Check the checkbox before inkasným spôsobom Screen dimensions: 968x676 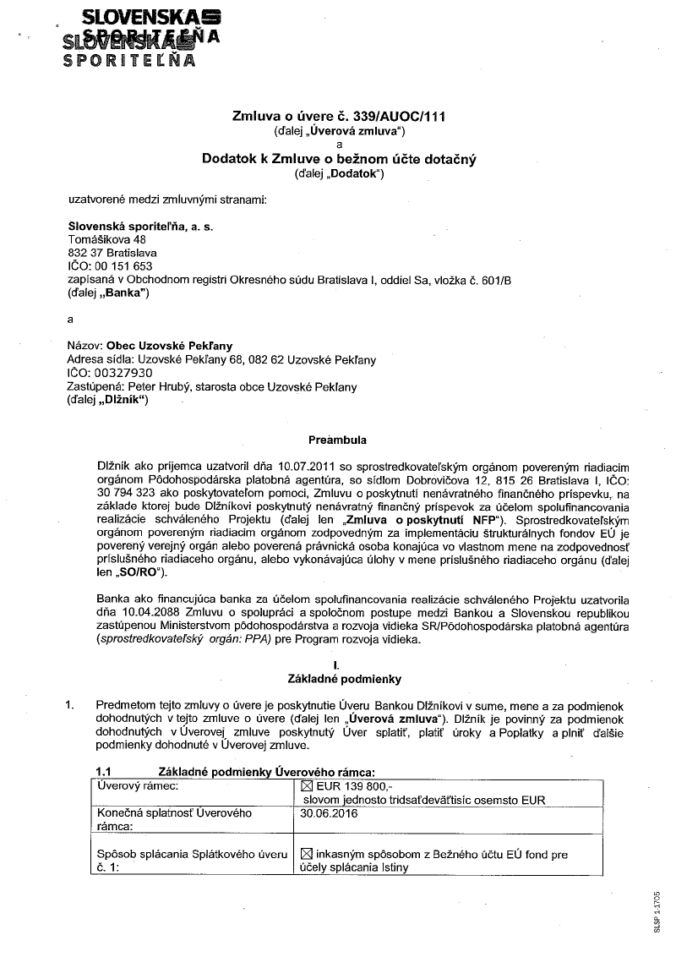(x=306, y=853)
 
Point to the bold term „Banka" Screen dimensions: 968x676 (x=124, y=293)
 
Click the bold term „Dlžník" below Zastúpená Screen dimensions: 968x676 (x=123, y=400)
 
